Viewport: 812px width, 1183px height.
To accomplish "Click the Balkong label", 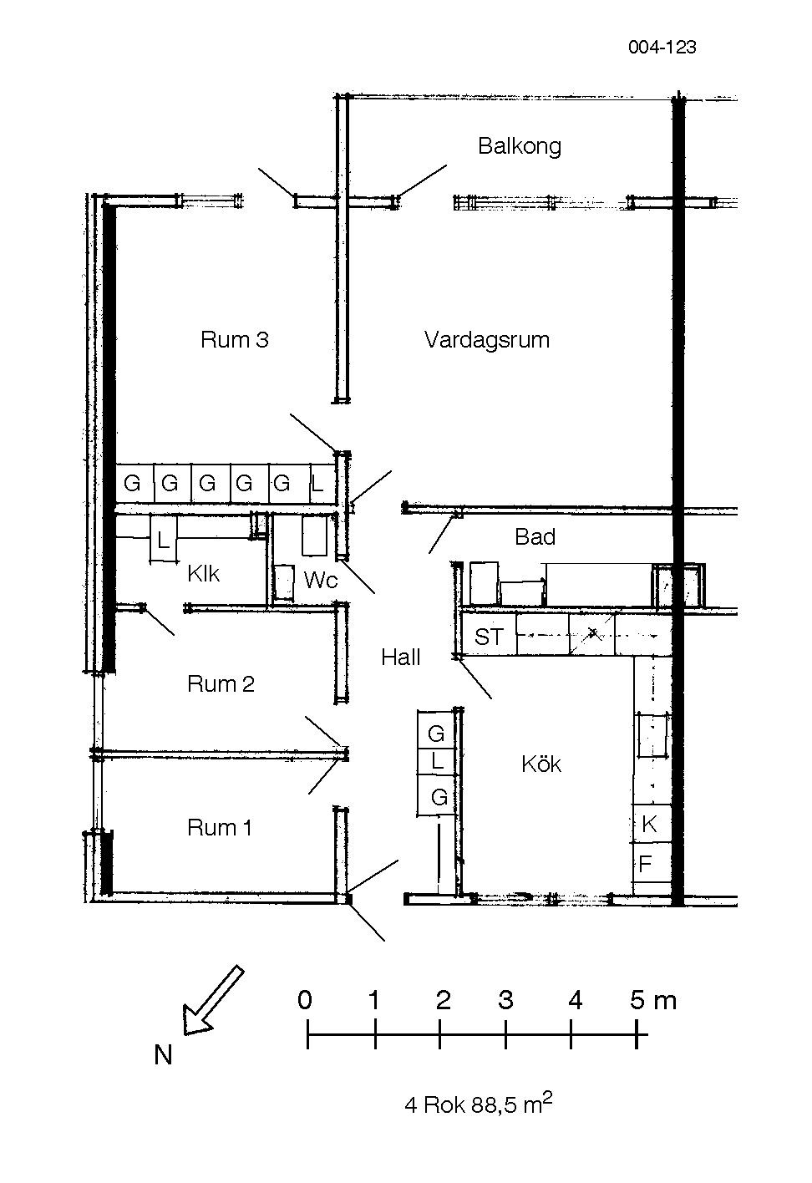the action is click(520, 146).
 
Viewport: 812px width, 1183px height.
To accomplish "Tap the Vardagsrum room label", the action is click(487, 339).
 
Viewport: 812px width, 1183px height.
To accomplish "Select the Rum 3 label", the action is click(235, 339).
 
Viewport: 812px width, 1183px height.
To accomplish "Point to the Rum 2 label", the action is click(221, 684).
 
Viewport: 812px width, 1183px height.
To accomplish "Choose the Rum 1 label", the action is click(219, 828).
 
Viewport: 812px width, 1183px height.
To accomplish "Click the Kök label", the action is click(541, 764).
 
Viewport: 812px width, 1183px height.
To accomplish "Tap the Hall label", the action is click(401, 658).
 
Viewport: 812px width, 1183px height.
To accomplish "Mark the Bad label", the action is click(535, 537).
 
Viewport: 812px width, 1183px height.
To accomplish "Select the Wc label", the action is click(321, 580).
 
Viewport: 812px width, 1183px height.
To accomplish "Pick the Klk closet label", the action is click(203, 574).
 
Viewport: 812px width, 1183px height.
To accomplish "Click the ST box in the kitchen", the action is click(489, 637).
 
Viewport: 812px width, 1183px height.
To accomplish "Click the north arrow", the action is click(212, 1000).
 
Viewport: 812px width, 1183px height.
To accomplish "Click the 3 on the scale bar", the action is click(505, 999).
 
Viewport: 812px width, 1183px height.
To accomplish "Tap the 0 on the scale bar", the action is click(305, 999).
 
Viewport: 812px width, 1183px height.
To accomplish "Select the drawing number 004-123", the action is click(662, 48).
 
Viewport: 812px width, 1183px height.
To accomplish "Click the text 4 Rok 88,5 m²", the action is click(479, 1104).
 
